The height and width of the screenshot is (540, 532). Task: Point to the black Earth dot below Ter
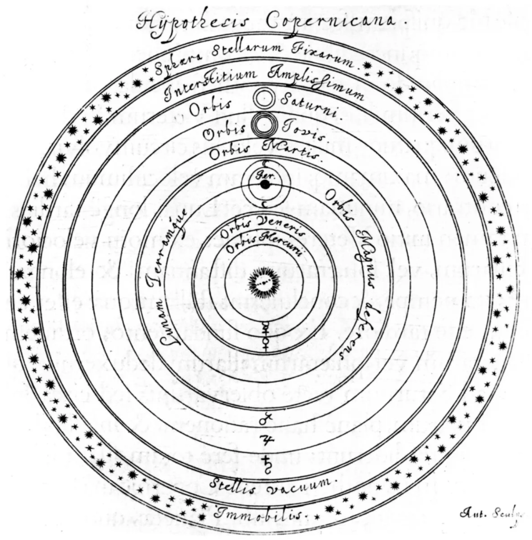[x=264, y=184]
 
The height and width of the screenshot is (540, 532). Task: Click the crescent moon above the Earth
[x=265, y=162]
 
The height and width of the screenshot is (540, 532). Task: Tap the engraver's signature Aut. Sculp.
[x=487, y=512]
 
